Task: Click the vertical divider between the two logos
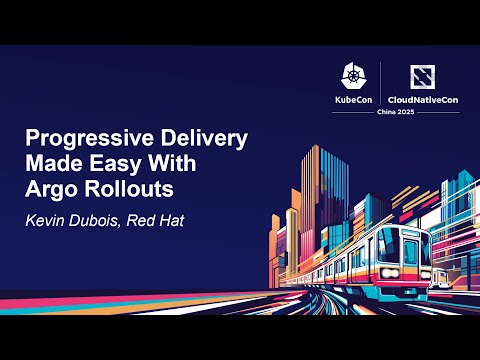[381, 84]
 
